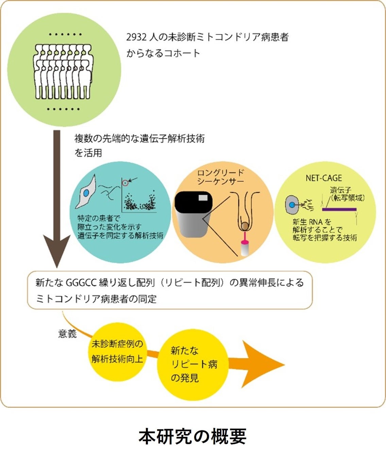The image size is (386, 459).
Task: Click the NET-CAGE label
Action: coord(323,178)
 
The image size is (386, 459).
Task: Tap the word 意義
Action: coord(67,334)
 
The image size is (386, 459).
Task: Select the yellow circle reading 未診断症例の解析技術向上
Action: coord(117,352)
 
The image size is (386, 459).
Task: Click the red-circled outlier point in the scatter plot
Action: coord(125,183)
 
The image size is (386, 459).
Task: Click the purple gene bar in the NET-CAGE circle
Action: coord(339,209)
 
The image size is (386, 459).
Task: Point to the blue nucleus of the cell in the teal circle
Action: coord(86,193)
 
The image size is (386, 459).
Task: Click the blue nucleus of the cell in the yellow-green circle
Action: coord(292,205)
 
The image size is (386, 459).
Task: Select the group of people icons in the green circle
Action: coord(64,72)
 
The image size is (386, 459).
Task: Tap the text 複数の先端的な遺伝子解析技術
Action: coord(139,139)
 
